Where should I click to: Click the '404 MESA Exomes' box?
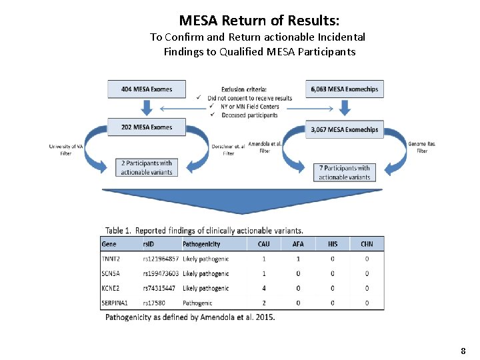click(147, 89)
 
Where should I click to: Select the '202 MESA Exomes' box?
click(147, 127)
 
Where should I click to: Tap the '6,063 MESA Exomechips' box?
click(345, 89)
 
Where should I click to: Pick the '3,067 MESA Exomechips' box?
click(345, 130)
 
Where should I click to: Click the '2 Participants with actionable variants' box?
click(147, 167)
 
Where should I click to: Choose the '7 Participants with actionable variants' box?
click(344, 172)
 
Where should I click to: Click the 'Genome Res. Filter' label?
click(422, 147)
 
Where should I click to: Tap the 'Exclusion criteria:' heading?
click(244, 89)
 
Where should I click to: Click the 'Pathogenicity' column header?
click(202, 244)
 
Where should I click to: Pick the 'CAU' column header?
click(264, 244)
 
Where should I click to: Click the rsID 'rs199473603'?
click(161, 273)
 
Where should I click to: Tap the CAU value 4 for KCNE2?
click(264, 288)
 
